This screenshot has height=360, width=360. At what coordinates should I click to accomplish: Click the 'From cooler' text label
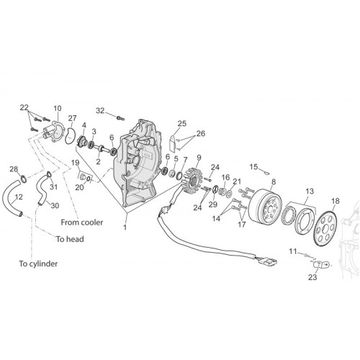click(82, 222)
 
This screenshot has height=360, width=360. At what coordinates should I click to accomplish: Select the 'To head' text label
click(70, 239)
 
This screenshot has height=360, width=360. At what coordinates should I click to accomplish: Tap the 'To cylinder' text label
click(38, 264)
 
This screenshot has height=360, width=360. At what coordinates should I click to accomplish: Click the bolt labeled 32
click(120, 118)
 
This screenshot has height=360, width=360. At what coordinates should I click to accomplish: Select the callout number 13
click(310, 192)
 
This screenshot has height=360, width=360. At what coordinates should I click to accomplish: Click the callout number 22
click(24, 107)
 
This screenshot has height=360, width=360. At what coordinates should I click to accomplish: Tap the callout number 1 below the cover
click(125, 227)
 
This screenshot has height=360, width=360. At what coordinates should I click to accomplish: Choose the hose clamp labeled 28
click(24, 179)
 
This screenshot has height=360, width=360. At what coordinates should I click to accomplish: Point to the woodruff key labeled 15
click(266, 171)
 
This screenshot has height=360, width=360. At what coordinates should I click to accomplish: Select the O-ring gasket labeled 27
click(70, 136)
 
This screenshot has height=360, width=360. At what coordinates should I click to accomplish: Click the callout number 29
click(213, 204)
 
